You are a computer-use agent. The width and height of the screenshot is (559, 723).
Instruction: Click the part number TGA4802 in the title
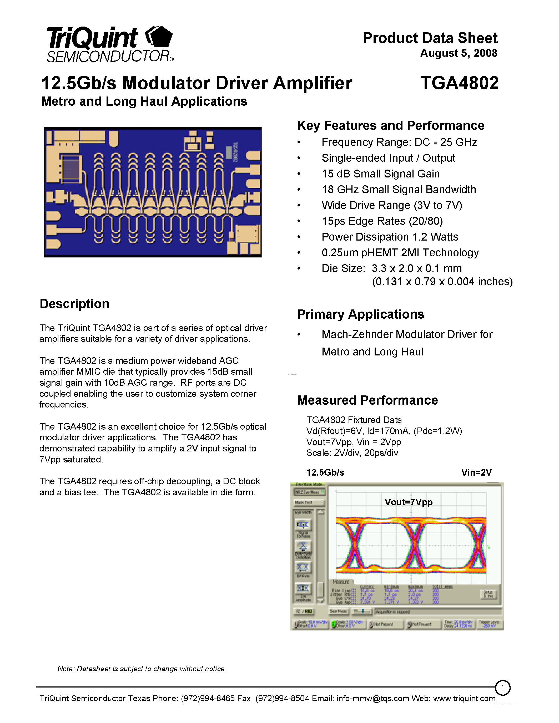point(459,83)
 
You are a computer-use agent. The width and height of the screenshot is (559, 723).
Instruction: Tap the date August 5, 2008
point(459,53)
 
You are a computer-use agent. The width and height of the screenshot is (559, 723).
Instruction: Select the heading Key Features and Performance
point(390,126)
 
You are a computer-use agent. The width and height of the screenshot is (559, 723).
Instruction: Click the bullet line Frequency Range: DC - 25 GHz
point(399,142)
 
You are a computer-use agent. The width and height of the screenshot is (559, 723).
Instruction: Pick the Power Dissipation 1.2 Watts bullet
point(390,237)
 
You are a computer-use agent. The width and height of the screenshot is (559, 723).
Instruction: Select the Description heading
point(74,304)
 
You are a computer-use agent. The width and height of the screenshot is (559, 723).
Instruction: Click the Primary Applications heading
point(360,314)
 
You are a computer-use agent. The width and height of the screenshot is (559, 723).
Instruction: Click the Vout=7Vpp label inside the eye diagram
point(408,502)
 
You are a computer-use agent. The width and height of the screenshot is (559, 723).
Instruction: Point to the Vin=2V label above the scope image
point(476,473)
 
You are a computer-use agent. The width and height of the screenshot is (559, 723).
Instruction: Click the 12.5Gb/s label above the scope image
point(325,473)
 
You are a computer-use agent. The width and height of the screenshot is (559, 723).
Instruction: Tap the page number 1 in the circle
point(502,688)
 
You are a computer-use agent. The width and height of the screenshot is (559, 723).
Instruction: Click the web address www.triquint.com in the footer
point(464,699)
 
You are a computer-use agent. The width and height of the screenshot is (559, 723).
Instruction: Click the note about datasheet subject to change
point(142,669)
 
